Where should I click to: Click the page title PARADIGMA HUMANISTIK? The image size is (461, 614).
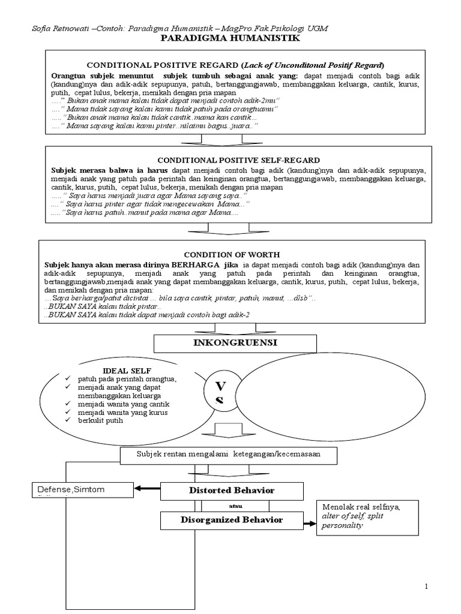(x=230, y=38)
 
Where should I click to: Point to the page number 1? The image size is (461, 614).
(x=427, y=586)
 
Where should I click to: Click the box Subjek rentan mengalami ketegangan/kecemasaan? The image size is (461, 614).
(x=228, y=455)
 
